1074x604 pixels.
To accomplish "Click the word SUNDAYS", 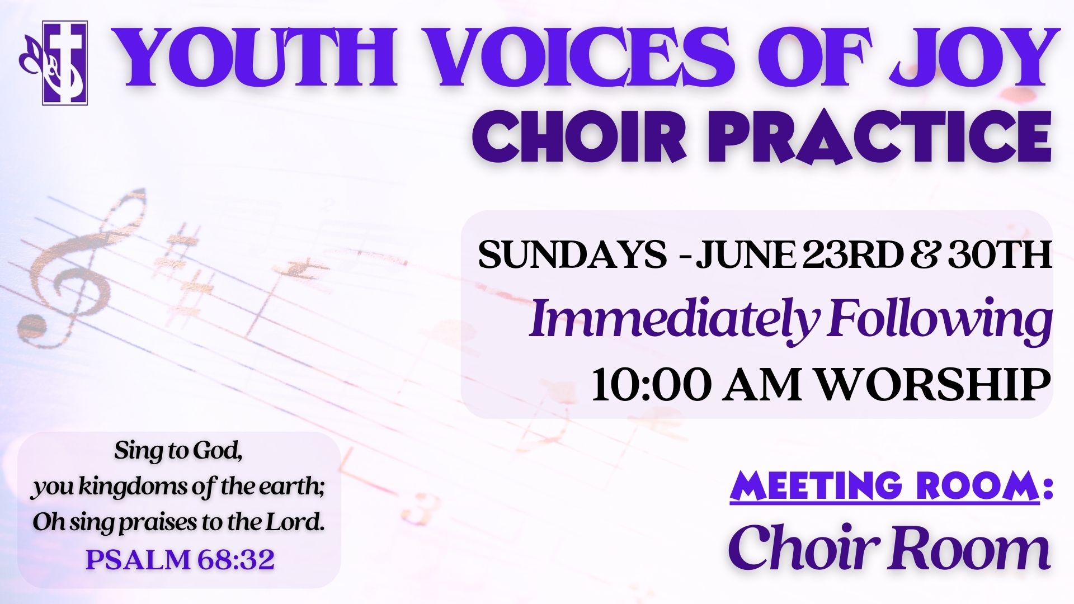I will click(x=572, y=254).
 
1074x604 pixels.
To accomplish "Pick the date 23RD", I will click(x=851, y=254).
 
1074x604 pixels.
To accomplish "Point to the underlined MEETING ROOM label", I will click(x=884, y=485).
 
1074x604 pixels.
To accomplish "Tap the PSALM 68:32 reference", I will click(x=180, y=559).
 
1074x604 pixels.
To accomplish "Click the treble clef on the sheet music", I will click(x=84, y=268).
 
